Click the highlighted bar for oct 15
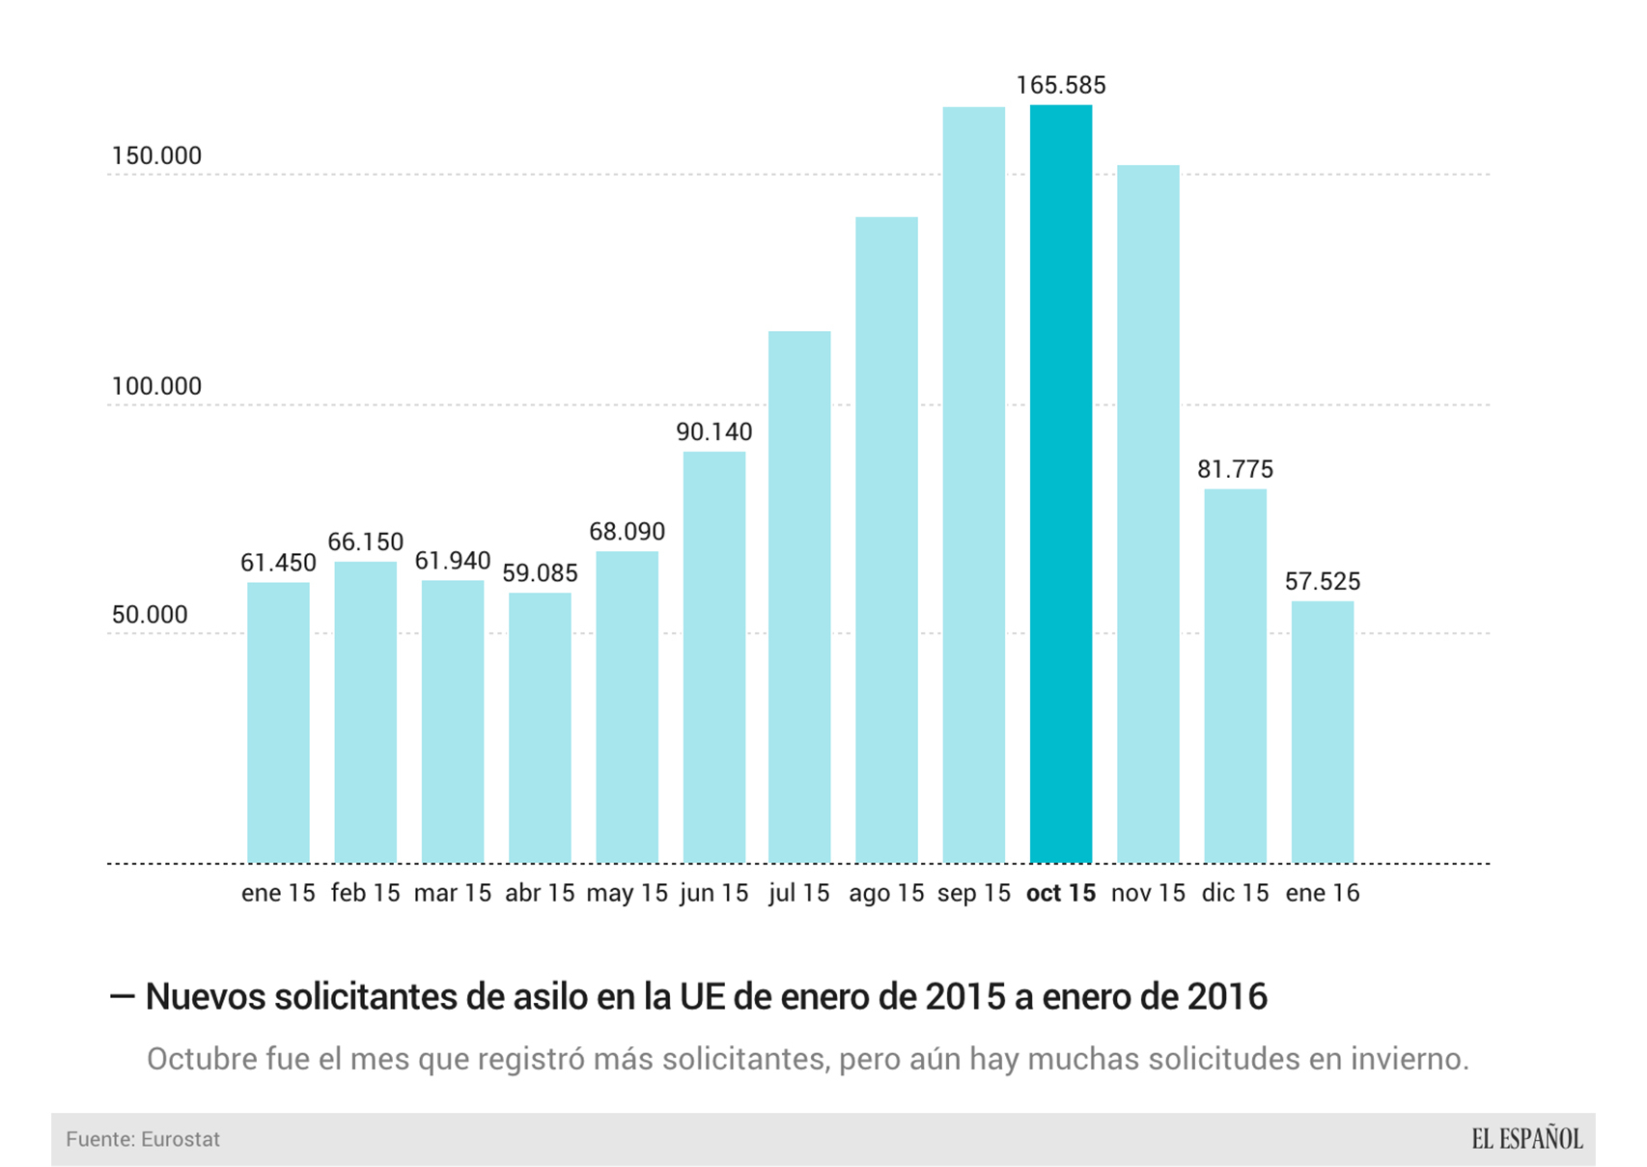coord(1060,483)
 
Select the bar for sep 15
coord(973,483)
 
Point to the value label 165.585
coord(1060,85)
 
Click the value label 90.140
coord(713,431)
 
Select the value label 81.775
coord(1235,469)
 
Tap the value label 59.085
coord(540,573)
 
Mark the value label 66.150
coord(365,542)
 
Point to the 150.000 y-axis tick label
coord(156,155)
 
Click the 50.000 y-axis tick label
coord(150,615)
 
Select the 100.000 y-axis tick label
coord(156,386)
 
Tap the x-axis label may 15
coord(627,893)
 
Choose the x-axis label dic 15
coord(1235,893)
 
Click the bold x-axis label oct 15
coord(1060,893)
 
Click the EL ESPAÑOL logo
coord(1526,1139)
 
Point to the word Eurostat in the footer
coord(181,1139)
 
